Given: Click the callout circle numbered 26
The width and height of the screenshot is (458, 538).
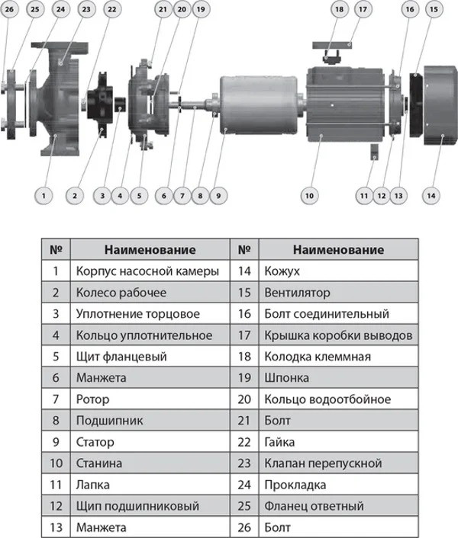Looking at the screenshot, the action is pos(9,9).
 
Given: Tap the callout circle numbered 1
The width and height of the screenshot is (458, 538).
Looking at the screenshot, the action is pos(44,196).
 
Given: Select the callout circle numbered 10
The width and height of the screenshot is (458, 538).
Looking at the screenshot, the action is pos(309,196).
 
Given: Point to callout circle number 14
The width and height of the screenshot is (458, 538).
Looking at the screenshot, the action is pos(431,196).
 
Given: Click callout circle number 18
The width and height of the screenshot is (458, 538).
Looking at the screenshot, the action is pos(339,9).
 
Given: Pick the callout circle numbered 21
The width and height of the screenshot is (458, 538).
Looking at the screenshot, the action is pos(163,9).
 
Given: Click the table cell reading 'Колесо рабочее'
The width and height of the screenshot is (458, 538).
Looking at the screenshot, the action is pos(121,293).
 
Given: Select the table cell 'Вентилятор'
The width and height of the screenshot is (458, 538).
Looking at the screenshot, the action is pos(297,293).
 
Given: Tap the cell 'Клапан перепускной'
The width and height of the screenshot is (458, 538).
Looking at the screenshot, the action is pos(323,463).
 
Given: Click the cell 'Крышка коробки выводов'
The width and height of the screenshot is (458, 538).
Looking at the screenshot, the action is pos(338,335).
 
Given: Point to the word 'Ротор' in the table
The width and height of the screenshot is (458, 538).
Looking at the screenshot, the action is pos(93,399).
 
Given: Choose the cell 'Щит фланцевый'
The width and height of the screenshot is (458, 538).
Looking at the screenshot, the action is pos(121,357).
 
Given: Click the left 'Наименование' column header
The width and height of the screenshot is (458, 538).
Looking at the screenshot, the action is pos(150,249).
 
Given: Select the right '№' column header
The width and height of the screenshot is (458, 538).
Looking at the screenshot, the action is pos(244,249).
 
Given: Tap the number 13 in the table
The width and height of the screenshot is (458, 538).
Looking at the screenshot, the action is pos(56,527).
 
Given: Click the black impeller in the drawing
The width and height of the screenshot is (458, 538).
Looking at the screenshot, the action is pos(100,104).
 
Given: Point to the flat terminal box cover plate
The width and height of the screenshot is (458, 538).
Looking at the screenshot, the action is pos(332,45).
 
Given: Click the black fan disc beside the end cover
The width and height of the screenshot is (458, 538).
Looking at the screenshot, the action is pos(416,105).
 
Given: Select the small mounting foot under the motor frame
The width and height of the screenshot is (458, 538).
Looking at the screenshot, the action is pos(375,152).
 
